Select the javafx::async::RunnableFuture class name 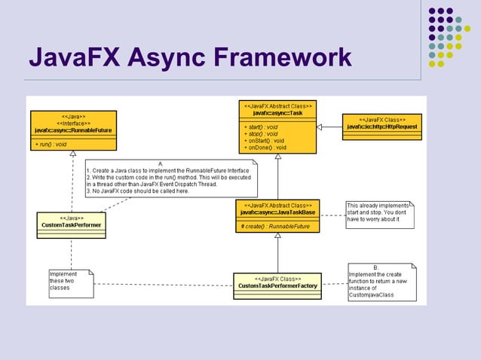[73, 130]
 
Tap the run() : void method [51, 142]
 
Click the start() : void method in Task [261, 127]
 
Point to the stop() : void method [260, 133]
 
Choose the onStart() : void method [264, 140]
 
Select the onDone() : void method [265, 148]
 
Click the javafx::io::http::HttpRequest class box [381, 127]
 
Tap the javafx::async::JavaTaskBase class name [277, 212]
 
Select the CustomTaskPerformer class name [72, 224]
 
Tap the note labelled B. [381, 282]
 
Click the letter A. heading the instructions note [161, 163]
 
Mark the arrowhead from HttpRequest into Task [320, 127]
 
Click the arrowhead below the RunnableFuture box [72, 154]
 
